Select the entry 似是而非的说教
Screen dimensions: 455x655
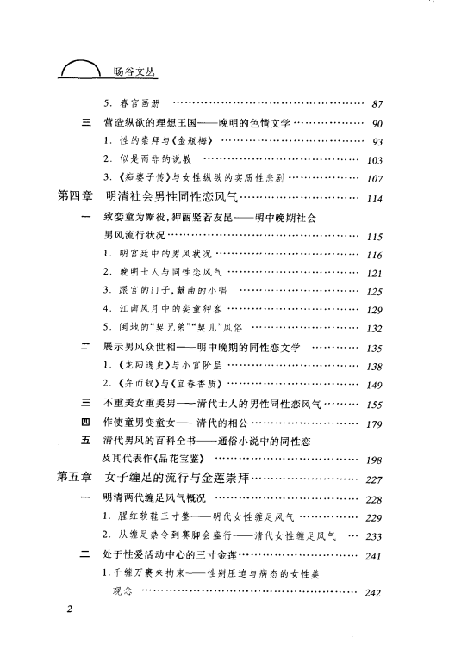pos(149,160)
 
